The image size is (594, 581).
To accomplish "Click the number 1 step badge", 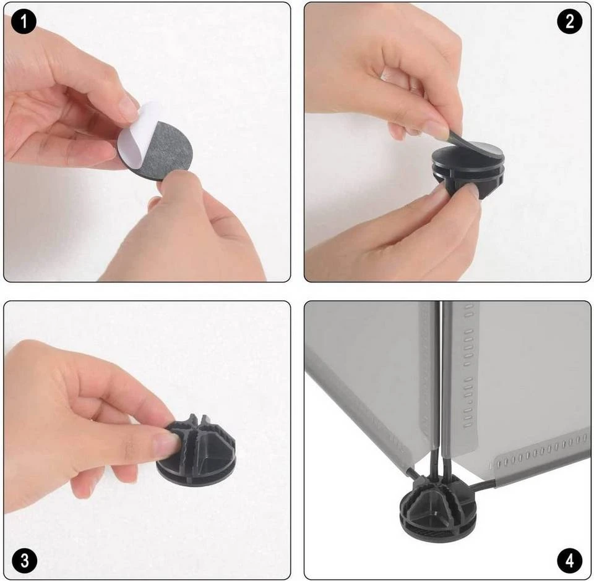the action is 24,22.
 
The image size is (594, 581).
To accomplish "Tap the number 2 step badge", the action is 569,21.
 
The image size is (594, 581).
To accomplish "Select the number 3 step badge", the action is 24,560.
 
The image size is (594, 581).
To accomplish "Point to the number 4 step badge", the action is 570,561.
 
